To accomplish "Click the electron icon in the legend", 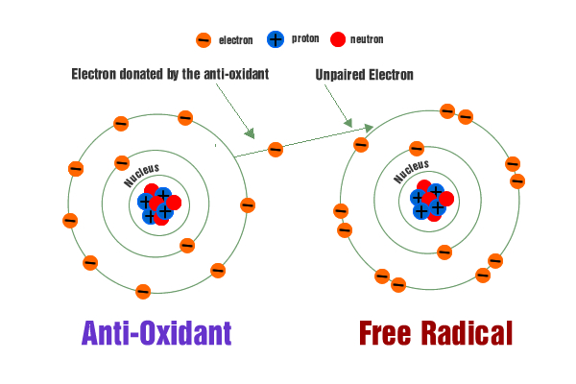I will click(x=204, y=40).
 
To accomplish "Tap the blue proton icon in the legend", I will click(x=276, y=39).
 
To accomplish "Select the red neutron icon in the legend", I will click(x=337, y=39).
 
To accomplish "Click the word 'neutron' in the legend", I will click(x=366, y=39).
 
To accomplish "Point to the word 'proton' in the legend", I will click(x=305, y=39).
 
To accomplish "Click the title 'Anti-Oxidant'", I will click(x=156, y=333).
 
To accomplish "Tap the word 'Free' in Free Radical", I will click(x=387, y=333).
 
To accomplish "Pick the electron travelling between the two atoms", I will click(x=276, y=149).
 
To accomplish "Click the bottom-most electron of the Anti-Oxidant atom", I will click(x=143, y=292).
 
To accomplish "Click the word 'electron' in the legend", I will click(x=235, y=40).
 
